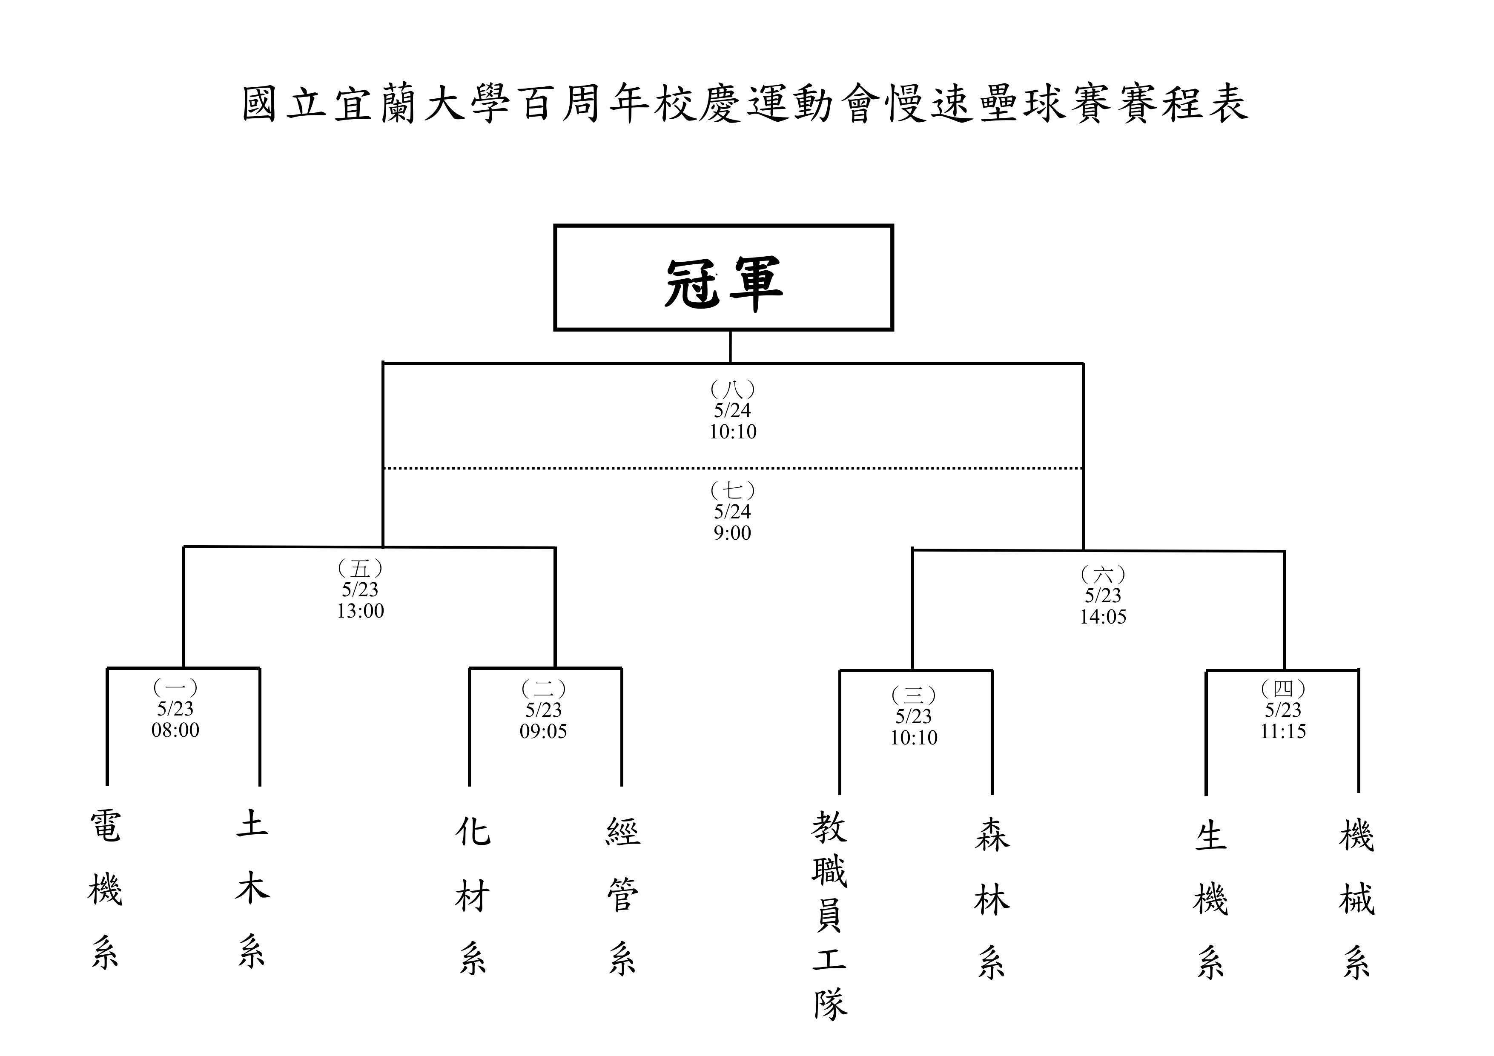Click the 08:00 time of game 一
pos(176,730)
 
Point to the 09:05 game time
pos(543,731)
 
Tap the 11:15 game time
pos(1282,731)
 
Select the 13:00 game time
pos(361,611)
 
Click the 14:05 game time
pos(1103,617)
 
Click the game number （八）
pos(733,389)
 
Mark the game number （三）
pos(914,695)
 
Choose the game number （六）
pos(1103,575)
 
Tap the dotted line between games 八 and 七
pos(733,468)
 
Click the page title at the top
pos(746,103)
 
